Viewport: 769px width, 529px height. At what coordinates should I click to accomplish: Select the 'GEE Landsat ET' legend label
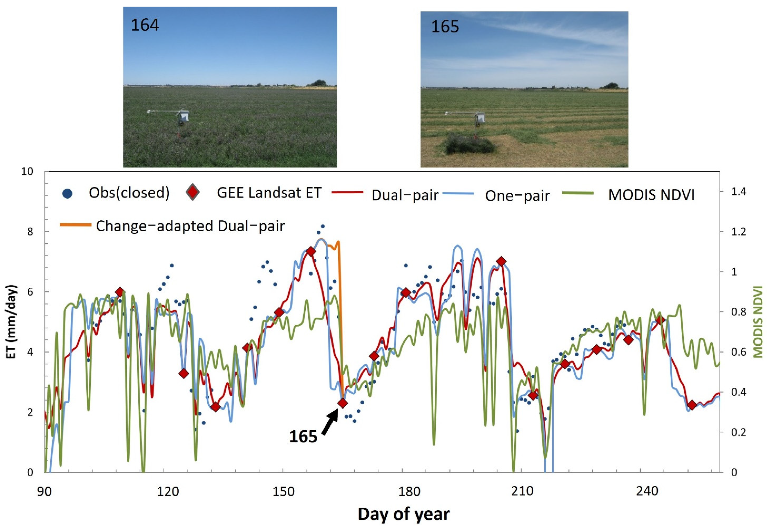pyautogui.click(x=269, y=193)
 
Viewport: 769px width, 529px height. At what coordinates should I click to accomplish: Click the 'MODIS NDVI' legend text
pyautogui.click(x=651, y=195)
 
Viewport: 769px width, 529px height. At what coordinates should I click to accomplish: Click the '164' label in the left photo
pyautogui.click(x=145, y=26)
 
